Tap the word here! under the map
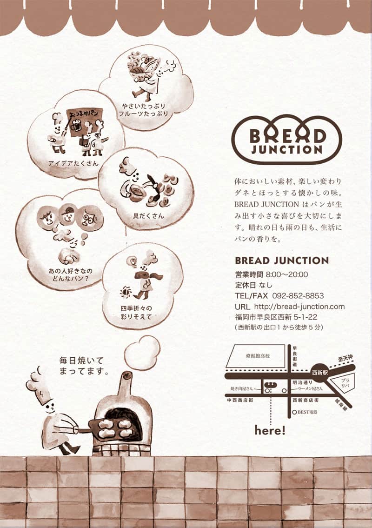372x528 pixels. [270, 431]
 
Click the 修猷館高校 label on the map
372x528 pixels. [258, 356]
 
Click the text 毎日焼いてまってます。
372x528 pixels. [84, 366]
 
